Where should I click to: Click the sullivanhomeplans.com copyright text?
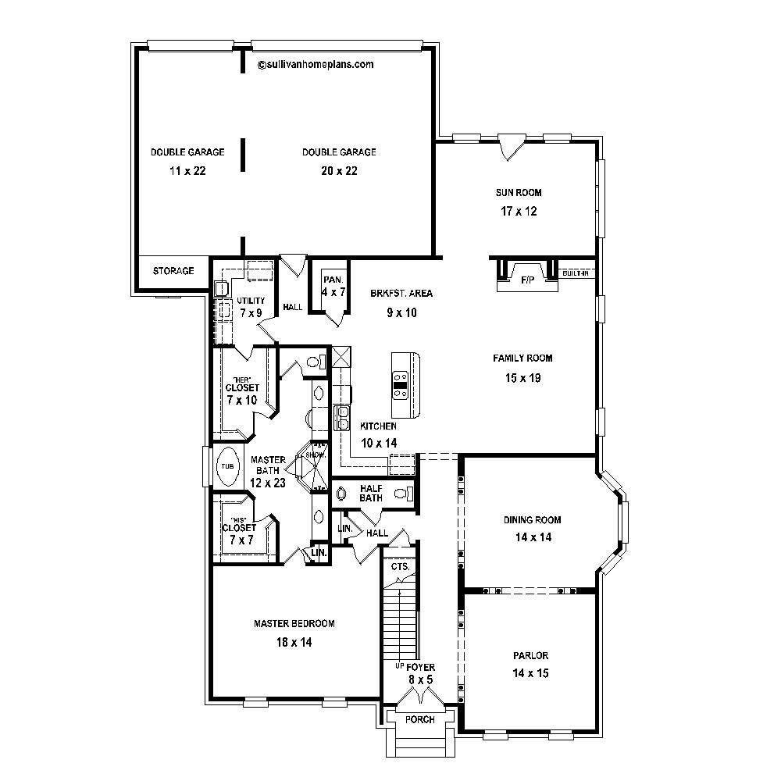pyautogui.click(x=316, y=66)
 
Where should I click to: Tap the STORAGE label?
pyautogui.click(x=173, y=271)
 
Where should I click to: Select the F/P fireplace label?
pyautogui.click(x=528, y=280)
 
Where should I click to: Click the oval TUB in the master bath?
pyautogui.click(x=227, y=466)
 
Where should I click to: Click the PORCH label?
pyautogui.click(x=420, y=719)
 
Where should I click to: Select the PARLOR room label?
pyautogui.click(x=530, y=657)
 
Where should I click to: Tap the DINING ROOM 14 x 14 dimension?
pyautogui.click(x=531, y=537)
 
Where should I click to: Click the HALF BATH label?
pyautogui.click(x=370, y=493)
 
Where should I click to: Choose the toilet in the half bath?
pyautogui.click(x=402, y=493)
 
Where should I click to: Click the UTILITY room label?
pyautogui.click(x=251, y=301)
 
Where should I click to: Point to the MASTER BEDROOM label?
pyautogui.click(x=294, y=623)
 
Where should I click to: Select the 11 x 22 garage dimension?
pyautogui.click(x=187, y=171)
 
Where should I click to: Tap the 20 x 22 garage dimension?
pyautogui.click(x=339, y=171)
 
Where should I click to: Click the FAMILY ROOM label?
pyautogui.click(x=522, y=358)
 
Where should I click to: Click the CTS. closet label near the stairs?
pyautogui.click(x=399, y=566)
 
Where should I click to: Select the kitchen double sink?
pyautogui.click(x=342, y=418)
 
